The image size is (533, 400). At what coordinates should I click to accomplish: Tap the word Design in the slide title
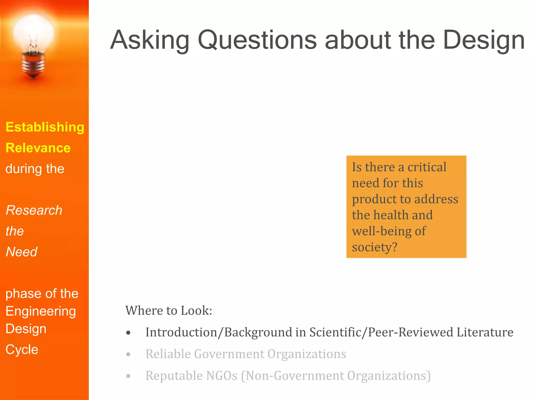(x=484, y=40)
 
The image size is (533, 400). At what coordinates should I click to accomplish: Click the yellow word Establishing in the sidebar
(x=45, y=127)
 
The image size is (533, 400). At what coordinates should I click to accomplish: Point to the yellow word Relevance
(x=38, y=148)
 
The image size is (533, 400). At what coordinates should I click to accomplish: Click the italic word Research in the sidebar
(x=34, y=210)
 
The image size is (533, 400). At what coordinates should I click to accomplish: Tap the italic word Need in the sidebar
(x=22, y=252)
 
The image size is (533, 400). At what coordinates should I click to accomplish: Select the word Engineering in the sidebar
(x=41, y=311)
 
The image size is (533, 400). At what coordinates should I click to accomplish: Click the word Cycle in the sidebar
(x=22, y=349)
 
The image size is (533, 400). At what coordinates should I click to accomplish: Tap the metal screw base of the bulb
(x=33, y=65)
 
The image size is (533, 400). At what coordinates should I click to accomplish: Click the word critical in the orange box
(x=427, y=167)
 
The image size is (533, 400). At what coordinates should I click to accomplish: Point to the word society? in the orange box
(x=375, y=247)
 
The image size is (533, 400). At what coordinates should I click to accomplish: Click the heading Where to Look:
(x=169, y=310)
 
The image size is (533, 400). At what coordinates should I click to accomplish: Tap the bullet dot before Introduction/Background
(x=128, y=333)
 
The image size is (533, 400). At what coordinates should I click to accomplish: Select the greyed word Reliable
(x=168, y=354)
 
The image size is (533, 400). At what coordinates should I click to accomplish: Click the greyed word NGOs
(x=221, y=376)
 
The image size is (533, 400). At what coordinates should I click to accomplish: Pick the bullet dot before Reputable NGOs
(x=128, y=376)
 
